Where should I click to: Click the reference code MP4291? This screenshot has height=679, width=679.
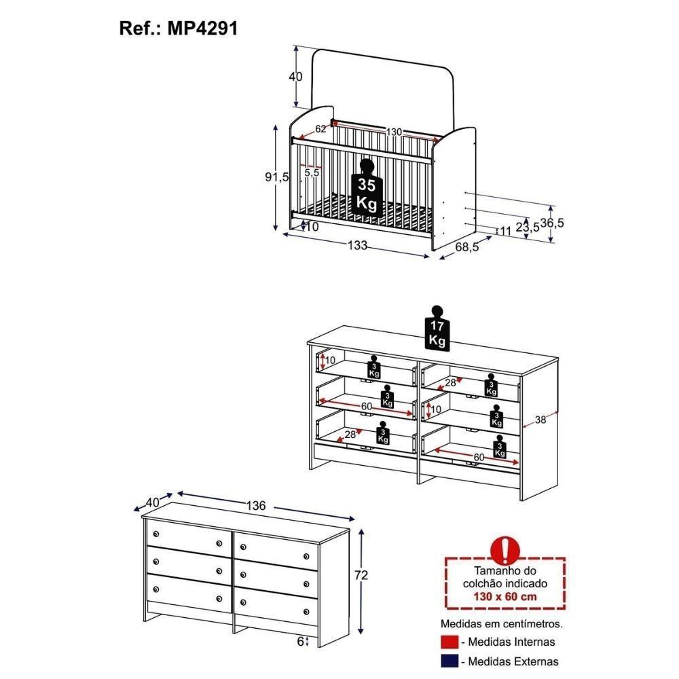pyautogui.click(x=202, y=29)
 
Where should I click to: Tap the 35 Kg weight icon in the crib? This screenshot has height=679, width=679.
pyautogui.click(x=367, y=187)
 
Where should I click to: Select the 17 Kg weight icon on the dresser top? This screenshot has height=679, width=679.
pyautogui.click(x=437, y=328)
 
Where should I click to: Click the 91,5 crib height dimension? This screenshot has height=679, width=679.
pyautogui.click(x=277, y=177)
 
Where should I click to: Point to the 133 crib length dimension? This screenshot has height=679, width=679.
pyautogui.click(x=357, y=245)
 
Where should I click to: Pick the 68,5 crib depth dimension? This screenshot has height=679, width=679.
pyautogui.click(x=467, y=247)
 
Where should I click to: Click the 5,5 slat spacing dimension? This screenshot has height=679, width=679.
pyautogui.click(x=312, y=172)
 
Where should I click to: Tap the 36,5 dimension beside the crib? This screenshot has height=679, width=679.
pyautogui.click(x=552, y=223)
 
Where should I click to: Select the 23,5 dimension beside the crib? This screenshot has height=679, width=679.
pyautogui.click(x=528, y=227)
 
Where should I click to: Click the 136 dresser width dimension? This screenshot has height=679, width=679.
pyautogui.click(x=256, y=505)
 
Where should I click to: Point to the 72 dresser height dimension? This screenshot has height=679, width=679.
pyautogui.click(x=361, y=574)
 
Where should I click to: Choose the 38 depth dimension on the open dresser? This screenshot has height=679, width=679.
pyautogui.click(x=540, y=419)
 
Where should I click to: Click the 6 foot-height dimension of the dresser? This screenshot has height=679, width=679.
pyautogui.click(x=301, y=642)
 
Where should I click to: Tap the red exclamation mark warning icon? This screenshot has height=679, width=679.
pyautogui.click(x=505, y=550)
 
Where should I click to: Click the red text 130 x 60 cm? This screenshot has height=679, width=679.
pyautogui.click(x=505, y=596)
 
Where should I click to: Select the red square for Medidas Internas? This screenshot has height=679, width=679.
pyautogui.click(x=449, y=642)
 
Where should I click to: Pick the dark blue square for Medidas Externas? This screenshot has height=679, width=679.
pyautogui.click(x=449, y=661)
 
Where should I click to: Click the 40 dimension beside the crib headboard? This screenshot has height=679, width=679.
pyautogui.click(x=296, y=77)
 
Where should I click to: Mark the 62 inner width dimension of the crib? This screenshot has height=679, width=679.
pyautogui.click(x=320, y=128)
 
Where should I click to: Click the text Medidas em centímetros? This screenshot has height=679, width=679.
pyautogui.click(x=502, y=623)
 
